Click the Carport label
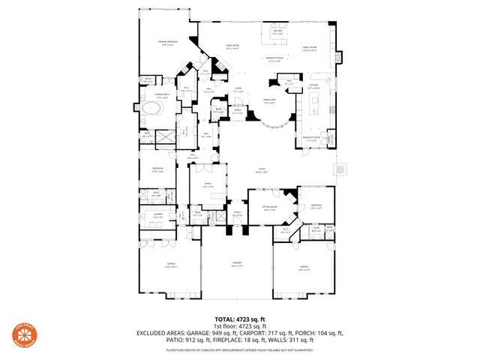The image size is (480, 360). pyautogui.click(x=236, y=265)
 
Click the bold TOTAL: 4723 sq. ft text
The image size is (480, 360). pyautogui.click(x=240, y=319)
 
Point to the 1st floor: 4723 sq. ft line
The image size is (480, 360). pyautogui.click(x=240, y=326)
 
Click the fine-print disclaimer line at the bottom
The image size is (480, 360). pyautogui.click(x=240, y=349)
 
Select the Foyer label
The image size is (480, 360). pyautogui.click(x=238, y=88)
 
